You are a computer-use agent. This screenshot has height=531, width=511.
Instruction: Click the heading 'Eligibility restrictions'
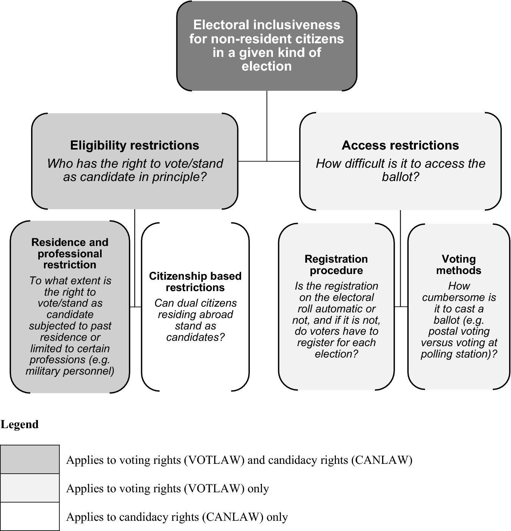(135, 145)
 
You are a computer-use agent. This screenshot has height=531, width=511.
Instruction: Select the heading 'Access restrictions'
(400, 145)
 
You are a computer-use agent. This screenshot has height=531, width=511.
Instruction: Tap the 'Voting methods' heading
(459, 265)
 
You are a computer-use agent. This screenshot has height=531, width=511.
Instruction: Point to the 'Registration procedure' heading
(336, 265)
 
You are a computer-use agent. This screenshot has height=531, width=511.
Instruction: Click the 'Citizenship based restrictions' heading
(195, 282)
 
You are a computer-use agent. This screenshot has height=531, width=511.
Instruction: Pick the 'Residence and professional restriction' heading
(70, 253)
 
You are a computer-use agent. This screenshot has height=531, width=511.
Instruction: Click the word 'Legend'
(20, 424)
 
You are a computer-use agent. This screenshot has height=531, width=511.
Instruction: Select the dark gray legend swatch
(30, 459)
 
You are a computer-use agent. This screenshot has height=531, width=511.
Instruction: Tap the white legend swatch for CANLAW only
(30, 517)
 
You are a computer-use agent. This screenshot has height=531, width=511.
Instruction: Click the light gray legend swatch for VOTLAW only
(30, 488)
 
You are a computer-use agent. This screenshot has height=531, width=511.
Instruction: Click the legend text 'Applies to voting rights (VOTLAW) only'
(168, 488)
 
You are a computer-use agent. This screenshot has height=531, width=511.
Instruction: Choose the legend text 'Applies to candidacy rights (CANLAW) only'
(177, 517)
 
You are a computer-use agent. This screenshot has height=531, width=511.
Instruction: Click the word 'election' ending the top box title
(266, 66)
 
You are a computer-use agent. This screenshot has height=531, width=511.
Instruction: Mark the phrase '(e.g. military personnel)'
(70, 366)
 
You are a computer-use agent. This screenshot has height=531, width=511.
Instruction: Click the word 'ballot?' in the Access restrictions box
(400, 177)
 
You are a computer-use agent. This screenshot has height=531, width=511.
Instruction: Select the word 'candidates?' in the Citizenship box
(195, 337)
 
